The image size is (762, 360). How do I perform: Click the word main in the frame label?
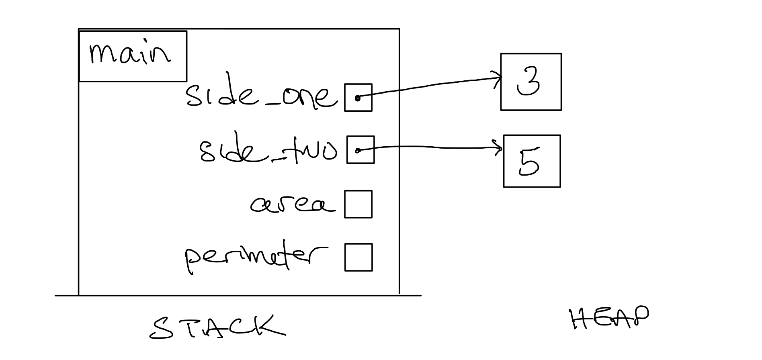pyautogui.click(x=129, y=54)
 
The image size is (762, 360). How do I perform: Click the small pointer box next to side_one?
pyautogui.click(x=358, y=97)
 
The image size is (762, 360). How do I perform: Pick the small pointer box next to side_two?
pyautogui.click(x=360, y=150)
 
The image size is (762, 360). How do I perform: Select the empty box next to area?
pyautogui.click(x=358, y=204)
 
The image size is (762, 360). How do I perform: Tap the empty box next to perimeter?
pyautogui.click(x=358, y=257)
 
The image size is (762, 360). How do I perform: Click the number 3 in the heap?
pyautogui.click(x=529, y=82)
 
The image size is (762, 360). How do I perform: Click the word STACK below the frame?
pyautogui.click(x=217, y=326)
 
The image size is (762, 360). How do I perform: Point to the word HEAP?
pyautogui.click(x=609, y=318)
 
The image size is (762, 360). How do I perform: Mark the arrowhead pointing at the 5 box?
pyautogui.click(x=500, y=149)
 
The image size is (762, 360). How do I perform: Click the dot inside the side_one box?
pyautogui.click(x=357, y=98)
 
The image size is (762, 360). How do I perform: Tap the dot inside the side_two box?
pyautogui.click(x=358, y=151)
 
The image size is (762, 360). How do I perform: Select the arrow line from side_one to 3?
pyautogui.click(x=430, y=86)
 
